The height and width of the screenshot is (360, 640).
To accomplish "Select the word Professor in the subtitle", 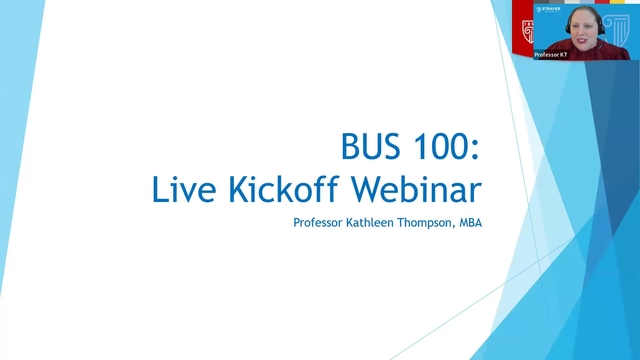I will pos(316,222).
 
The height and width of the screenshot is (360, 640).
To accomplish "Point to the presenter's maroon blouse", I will pos(585,54).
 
